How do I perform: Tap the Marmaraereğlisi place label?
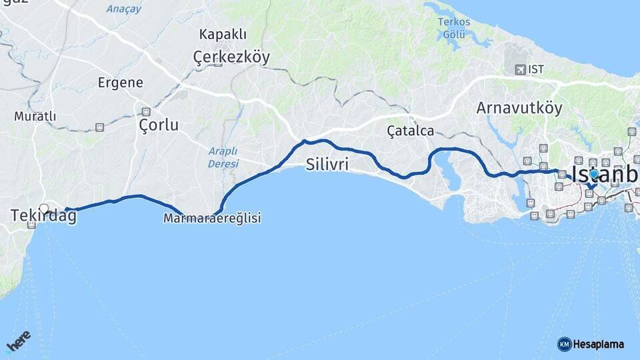[x=212, y=218]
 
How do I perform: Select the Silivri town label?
[x=327, y=164]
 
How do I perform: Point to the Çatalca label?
[x=410, y=131]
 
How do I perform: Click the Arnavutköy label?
[x=519, y=108]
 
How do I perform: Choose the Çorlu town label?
[x=159, y=125]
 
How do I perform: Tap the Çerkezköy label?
[x=231, y=57]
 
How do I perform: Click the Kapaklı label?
[x=223, y=34]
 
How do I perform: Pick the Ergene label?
[x=120, y=83]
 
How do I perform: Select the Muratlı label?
[x=35, y=116]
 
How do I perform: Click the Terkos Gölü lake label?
[x=454, y=27]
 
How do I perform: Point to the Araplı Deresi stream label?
[x=223, y=157]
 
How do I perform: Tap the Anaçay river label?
[x=123, y=9]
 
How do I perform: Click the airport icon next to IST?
[x=519, y=69]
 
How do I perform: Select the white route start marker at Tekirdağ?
[x=44, y=208]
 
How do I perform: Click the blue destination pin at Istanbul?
[x=593, y=174]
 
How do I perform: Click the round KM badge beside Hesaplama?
[x=564, y=344]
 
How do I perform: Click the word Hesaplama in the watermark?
[x=598, y=344]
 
